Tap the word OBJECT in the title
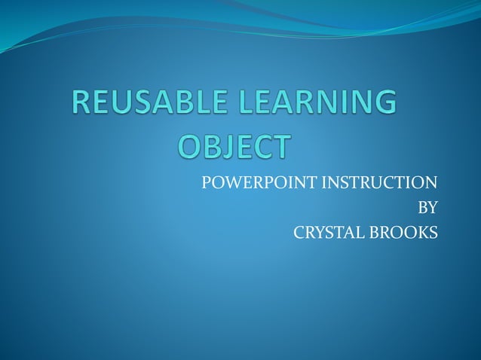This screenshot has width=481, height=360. tap(233, 147)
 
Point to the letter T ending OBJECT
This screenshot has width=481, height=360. tap(279, 147)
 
